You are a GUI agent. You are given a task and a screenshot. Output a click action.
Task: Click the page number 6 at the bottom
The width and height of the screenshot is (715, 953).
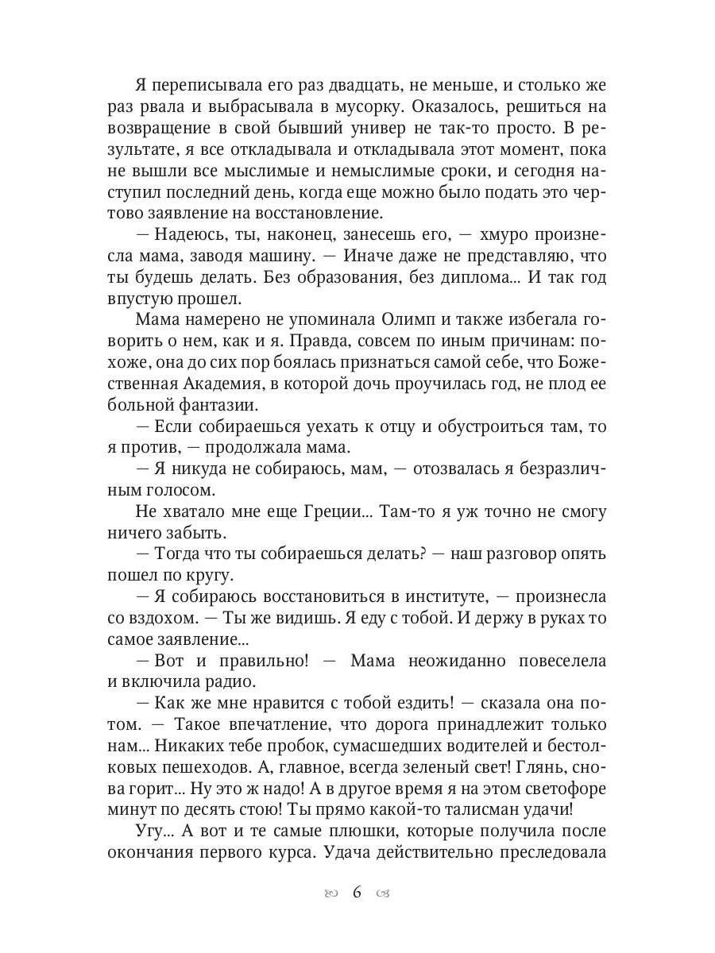pos(357,892)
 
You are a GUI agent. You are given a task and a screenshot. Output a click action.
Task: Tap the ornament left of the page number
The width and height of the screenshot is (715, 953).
pos(330,893)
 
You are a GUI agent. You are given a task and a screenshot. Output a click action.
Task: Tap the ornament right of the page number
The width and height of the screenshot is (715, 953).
pos(385,893)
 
